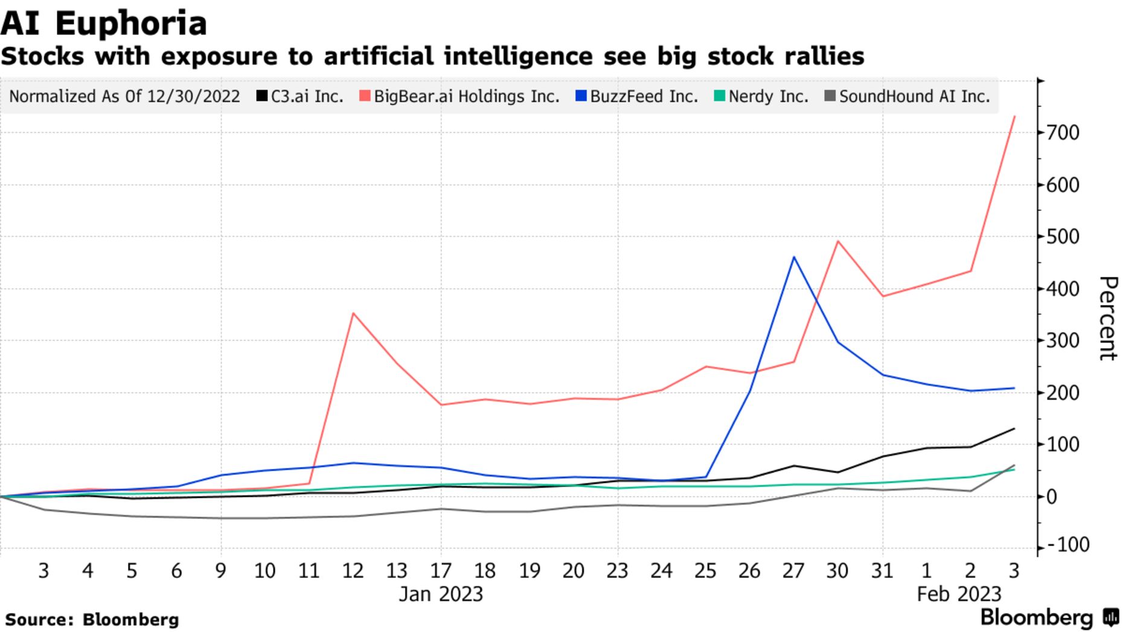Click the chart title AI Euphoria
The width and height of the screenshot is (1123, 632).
point(104,24)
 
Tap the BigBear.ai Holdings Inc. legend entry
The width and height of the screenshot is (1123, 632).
point(460,97)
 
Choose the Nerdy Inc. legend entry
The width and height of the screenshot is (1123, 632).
point(761,97)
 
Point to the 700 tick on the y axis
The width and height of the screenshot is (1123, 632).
point(1064,132)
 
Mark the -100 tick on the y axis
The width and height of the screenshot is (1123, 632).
point(1069,545)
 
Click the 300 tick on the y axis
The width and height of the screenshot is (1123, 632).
point(1064,341)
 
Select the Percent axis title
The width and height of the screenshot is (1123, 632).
point(1107,318)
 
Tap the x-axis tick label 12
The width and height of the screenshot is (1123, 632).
point(353,570)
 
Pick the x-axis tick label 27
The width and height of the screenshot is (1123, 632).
point(793,570)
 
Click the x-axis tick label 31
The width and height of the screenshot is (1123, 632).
point(882,570)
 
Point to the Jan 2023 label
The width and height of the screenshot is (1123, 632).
point(441,595)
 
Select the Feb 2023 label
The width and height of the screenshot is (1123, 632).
point(959,595)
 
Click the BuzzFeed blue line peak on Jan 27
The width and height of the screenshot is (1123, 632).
point(793,257)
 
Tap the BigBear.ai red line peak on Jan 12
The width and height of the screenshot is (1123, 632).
point(353,313)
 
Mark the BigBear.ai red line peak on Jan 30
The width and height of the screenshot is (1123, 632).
point(838,242)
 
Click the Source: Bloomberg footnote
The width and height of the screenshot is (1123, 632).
point(92,620)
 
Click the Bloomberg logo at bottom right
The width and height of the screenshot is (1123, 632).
point(1049,617)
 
